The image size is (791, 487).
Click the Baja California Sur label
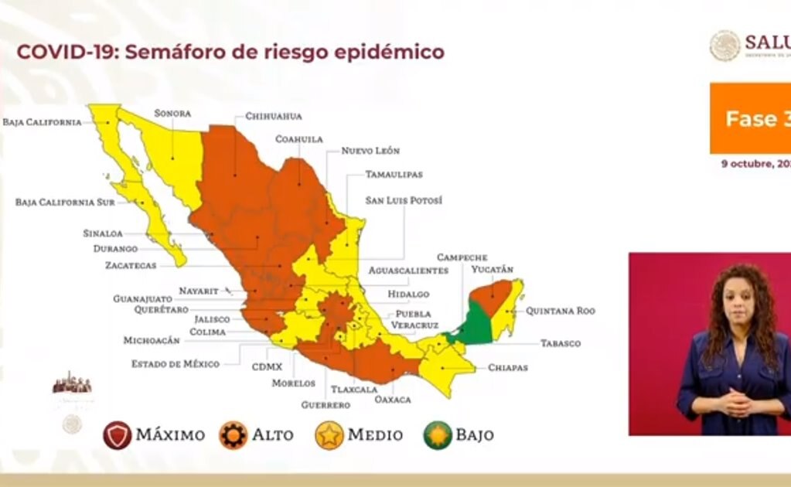(64, 203)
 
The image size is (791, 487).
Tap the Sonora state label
(172, 113)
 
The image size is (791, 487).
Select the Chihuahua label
(273, 117)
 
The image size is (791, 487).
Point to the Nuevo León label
(370, 151)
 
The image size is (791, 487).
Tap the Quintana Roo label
(561, 311)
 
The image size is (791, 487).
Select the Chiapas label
(507, 368)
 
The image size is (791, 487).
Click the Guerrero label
(326, 405)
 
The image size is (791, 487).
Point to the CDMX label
(267, 366)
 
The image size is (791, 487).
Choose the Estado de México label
(175, 363)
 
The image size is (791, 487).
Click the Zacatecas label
(131, 265)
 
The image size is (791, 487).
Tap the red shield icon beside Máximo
(117, 435)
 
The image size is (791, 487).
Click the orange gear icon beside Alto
(233, 435)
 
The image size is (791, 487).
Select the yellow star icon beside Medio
(329, 435)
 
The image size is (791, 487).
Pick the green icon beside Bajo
(437, 435)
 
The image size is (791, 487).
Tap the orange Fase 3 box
(749, 118)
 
